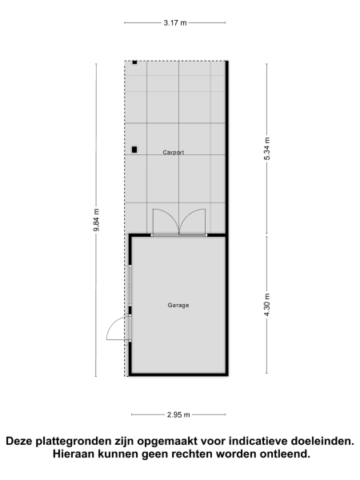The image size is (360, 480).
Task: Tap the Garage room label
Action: (x=178, y=305)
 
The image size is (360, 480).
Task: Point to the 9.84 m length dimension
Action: (x=96, y=219)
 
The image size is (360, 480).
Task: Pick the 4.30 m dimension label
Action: (x=267, y=305)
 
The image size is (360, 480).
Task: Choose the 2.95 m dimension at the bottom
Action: (x=178, y=414)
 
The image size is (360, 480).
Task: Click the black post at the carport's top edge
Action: (x=135, y=62)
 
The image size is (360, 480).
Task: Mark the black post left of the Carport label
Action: (x=134, y=149)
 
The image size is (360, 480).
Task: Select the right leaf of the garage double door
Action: (x=194, y=221)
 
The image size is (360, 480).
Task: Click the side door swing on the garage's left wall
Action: (x=118, y=327)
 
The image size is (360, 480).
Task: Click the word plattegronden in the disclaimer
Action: (x=90, y=441)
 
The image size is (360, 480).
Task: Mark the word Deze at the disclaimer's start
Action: (x=22, y=441)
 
